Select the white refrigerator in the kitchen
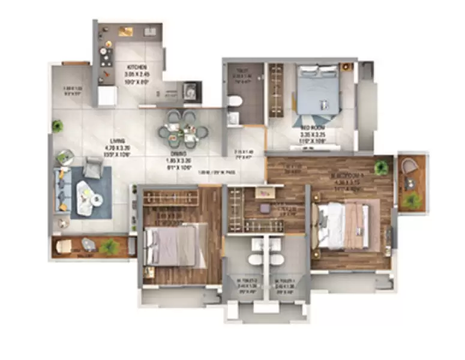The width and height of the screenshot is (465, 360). click(x=107, y=95)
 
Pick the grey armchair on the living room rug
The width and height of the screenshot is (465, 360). click(x=93, y=167)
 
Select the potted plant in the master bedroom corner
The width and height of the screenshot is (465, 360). click(x=380, y=167)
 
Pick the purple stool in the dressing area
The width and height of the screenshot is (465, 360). click(x=264, y=208)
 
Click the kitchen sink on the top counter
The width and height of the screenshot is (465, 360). click(x=128, y=32)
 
